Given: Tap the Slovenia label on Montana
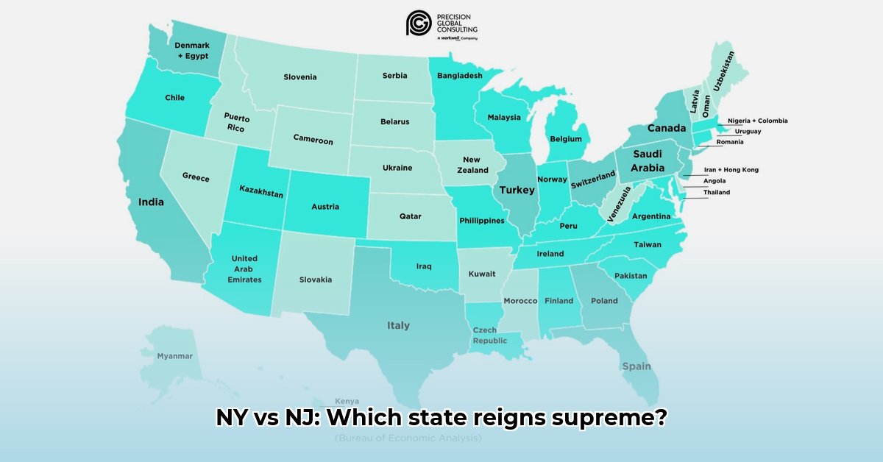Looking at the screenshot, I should pos(300,77).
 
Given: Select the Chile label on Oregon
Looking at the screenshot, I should pos(174,98).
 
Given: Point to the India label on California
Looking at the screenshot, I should pos(151,202).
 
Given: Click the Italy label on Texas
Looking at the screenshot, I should pos(399,325).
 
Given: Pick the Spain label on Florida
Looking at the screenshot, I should pos(636,366).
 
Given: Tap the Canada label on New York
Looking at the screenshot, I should pos(667,128).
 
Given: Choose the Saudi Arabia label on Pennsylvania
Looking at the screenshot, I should pos(648,161).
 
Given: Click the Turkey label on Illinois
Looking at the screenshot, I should pos(517,190).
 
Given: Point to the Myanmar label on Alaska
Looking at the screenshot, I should pos(174,356).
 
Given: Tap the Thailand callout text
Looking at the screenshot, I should pos(716,193).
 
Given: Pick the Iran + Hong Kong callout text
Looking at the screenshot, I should pos(731,170).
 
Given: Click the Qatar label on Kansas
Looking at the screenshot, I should pos(410,216).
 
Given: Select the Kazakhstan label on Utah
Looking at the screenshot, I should pos(261,191).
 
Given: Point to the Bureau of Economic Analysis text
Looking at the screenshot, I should pos(408,438).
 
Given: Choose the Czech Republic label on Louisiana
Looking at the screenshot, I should pos(489,335).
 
